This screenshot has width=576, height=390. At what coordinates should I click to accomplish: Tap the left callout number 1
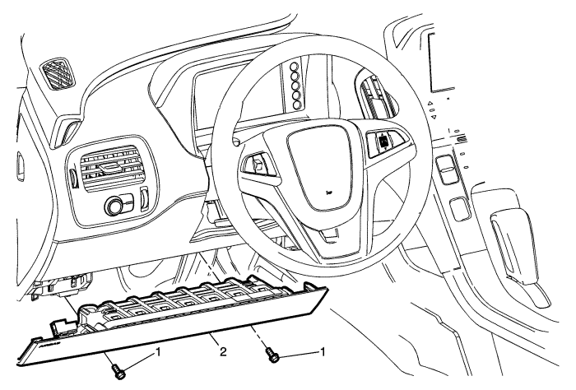[x=159, y=353]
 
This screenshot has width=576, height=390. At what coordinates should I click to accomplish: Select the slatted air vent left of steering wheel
[x=111, y=169]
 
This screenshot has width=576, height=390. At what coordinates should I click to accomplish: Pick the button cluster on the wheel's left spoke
[x=256, y=169]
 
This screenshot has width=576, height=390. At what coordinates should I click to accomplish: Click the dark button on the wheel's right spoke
[x=384, y=141]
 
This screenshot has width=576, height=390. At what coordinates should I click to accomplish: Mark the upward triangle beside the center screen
[x=431, y=104]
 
